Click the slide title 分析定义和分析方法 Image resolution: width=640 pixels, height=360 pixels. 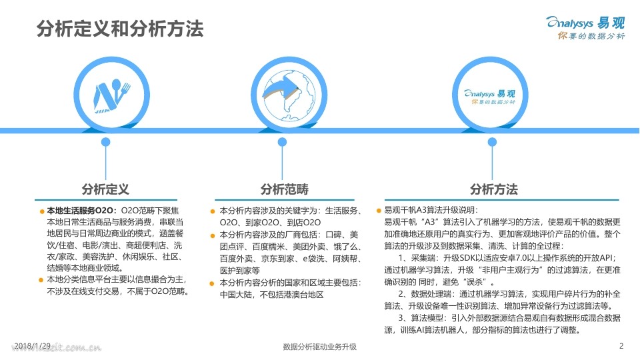[119, 29]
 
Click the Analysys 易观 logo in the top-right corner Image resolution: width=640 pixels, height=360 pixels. [585, 21]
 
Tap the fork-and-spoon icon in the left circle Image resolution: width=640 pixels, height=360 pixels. [105, 94]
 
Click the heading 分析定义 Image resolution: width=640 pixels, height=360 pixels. [105, 189]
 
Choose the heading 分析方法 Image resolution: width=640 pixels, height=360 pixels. [493, 189]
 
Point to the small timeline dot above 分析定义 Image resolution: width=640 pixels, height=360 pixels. [105, 142]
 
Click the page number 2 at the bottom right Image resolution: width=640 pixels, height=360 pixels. [621, 345]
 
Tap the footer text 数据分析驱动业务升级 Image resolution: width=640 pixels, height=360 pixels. [320, 347]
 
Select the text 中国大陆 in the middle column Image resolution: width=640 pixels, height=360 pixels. [236, 294]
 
